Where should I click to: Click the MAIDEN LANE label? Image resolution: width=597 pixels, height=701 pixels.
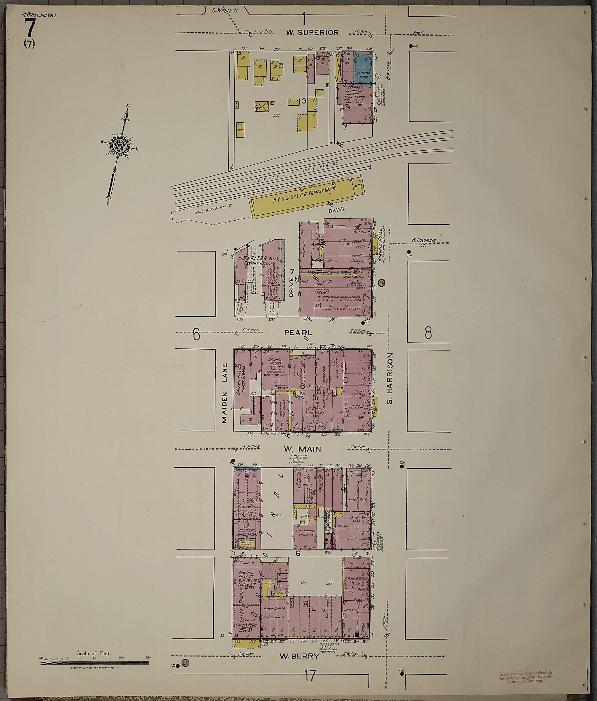[x=224, y=393]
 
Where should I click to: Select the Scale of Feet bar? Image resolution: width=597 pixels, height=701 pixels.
[x=95, y=663]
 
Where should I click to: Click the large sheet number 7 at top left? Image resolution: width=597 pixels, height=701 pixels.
[x=30, y=29]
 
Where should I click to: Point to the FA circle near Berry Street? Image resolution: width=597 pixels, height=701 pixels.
[x=185, y=663]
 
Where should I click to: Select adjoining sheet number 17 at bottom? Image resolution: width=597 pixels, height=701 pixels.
[x=310, y=676]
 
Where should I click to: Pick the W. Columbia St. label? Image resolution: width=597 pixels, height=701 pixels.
[x=424, y=242]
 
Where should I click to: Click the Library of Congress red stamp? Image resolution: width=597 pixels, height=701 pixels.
[x=525, y=677]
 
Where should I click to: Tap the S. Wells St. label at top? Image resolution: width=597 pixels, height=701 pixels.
[x=225, y=10]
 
